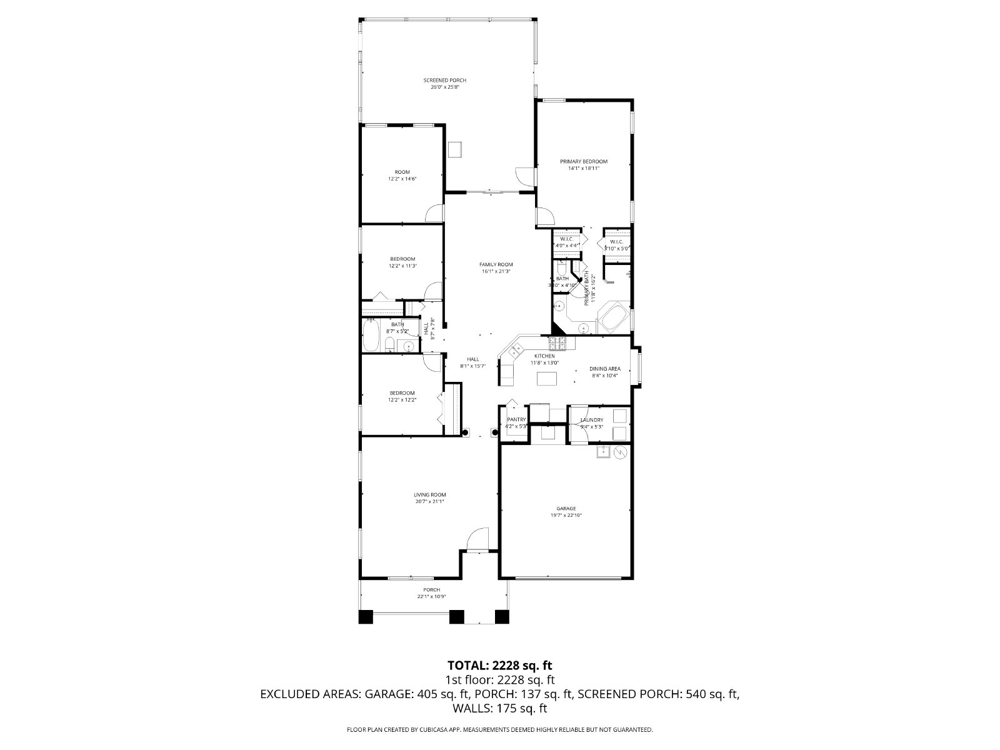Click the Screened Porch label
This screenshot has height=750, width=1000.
[444, 80]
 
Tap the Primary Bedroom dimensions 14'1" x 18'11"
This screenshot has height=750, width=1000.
[583, 168]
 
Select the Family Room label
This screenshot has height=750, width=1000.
[496, 264]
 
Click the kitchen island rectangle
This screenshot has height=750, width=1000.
[547, 379]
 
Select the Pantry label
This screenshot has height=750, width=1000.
[516, 419]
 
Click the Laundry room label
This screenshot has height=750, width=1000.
[591, 419]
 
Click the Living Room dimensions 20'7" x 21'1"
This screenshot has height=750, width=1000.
[429, 501]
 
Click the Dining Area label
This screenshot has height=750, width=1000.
[605, 369]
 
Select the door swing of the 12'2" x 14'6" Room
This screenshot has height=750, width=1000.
[433, 214]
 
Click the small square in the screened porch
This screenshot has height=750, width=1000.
[455, 149]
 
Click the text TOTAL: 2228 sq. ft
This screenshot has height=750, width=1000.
[500, 665]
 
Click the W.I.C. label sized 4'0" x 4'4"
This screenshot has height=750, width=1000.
[566, 239]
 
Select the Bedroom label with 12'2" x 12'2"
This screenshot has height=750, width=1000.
[402, 393]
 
